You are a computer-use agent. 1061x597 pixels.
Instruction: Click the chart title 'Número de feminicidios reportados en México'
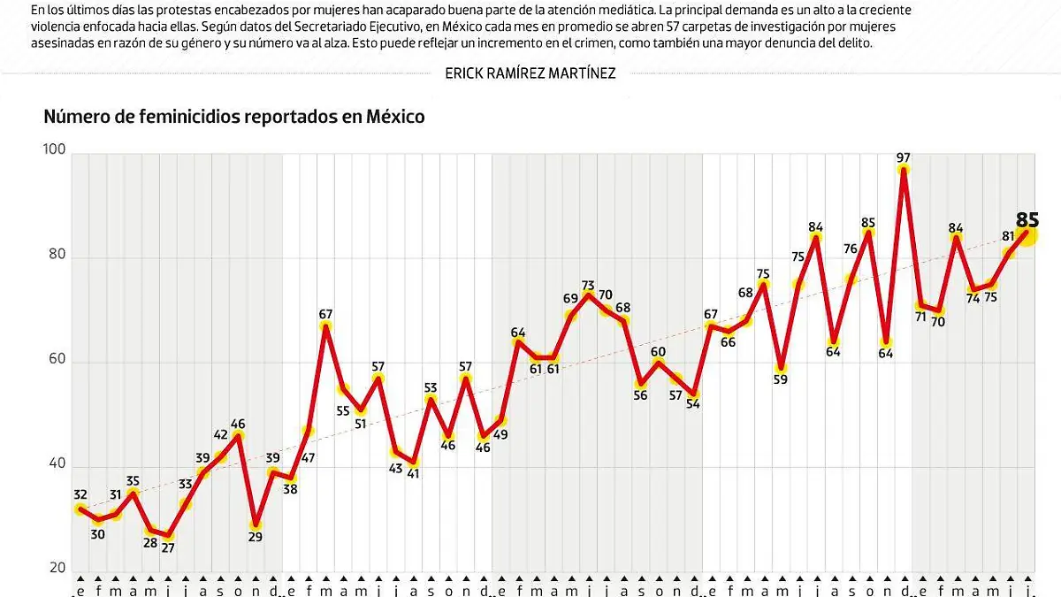coord(234,117)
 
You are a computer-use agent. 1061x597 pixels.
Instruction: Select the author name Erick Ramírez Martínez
coord(530,73)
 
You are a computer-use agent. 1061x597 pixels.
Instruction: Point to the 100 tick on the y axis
coord(54,151)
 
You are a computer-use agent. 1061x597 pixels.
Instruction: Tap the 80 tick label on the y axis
coord(57,256)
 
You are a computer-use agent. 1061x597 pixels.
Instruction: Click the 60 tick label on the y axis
coord(57,361)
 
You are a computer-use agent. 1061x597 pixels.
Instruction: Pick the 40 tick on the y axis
coord(57,465)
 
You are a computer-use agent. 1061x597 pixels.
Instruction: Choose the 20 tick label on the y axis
coord(57,569)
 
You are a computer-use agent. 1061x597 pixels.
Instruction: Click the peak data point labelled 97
coord(903,170)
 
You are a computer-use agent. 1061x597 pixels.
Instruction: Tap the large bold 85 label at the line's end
coord(1027,220)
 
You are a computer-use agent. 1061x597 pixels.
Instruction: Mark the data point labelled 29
coord(256,524)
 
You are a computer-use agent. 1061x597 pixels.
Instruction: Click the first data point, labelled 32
coord(80,509)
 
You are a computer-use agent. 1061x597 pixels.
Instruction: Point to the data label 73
coord(589,286)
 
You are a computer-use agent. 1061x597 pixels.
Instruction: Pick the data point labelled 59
coord(781,368)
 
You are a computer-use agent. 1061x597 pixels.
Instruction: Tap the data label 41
coord(413,474)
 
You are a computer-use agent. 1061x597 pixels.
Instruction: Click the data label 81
coord(1007,236)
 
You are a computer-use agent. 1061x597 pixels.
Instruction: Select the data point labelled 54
coord(693,394)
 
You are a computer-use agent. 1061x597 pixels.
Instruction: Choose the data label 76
coord(850,249)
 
